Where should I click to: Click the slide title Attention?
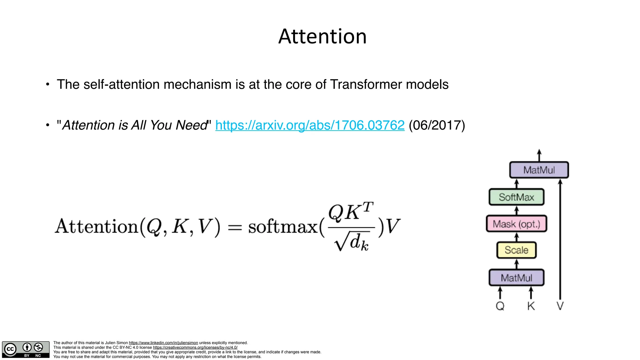[322, 36]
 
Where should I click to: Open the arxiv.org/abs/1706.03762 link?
[310, 125]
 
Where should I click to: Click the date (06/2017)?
[437, 125]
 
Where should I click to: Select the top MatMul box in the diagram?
[539, 170]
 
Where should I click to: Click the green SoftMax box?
[516, 197]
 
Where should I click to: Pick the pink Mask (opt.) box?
[516, 224]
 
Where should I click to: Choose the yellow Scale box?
[516, 250]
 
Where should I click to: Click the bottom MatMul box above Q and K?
[516, 277]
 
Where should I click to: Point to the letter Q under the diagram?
[500, 306]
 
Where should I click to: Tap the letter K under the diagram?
[531, 306]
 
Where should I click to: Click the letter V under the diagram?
[560, 306]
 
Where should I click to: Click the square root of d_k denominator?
[352, 242]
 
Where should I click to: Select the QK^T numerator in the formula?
[351, 212]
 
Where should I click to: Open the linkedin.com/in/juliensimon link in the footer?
[163, 343]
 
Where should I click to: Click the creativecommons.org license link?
[195, 347]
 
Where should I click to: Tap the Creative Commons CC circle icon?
[10, 349]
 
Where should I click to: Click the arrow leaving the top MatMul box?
[539, 155]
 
